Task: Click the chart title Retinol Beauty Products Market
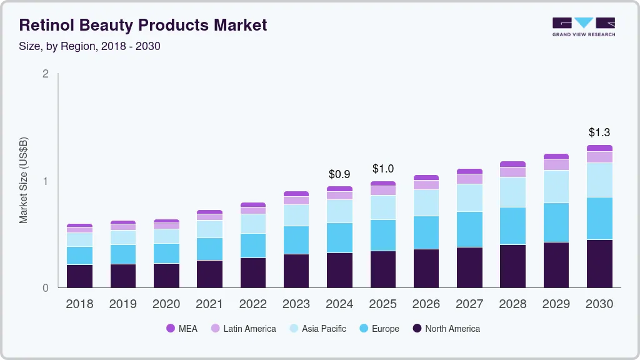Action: pos(143,25)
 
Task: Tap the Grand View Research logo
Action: pos(583,26)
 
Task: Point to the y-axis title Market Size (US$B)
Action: pos(24,181)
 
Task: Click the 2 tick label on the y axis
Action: pos(45,74)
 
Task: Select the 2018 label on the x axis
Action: pos(79,304)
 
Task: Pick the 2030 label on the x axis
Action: pos(599,304)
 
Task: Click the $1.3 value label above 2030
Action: pos(599,132)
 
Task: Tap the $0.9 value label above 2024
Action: pos(339,174)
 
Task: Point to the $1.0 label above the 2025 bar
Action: pos(383,169)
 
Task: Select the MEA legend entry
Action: pos(182,328)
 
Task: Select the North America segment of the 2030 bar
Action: pos(599,264)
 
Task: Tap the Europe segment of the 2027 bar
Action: pos(469,229)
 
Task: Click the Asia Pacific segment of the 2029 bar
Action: pos(556,186)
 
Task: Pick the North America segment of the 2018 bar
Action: pos(79,276)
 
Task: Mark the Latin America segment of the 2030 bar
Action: pos(599,157)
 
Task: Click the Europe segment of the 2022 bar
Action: pos(252,246)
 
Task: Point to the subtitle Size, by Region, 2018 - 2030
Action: pos(89,46)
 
